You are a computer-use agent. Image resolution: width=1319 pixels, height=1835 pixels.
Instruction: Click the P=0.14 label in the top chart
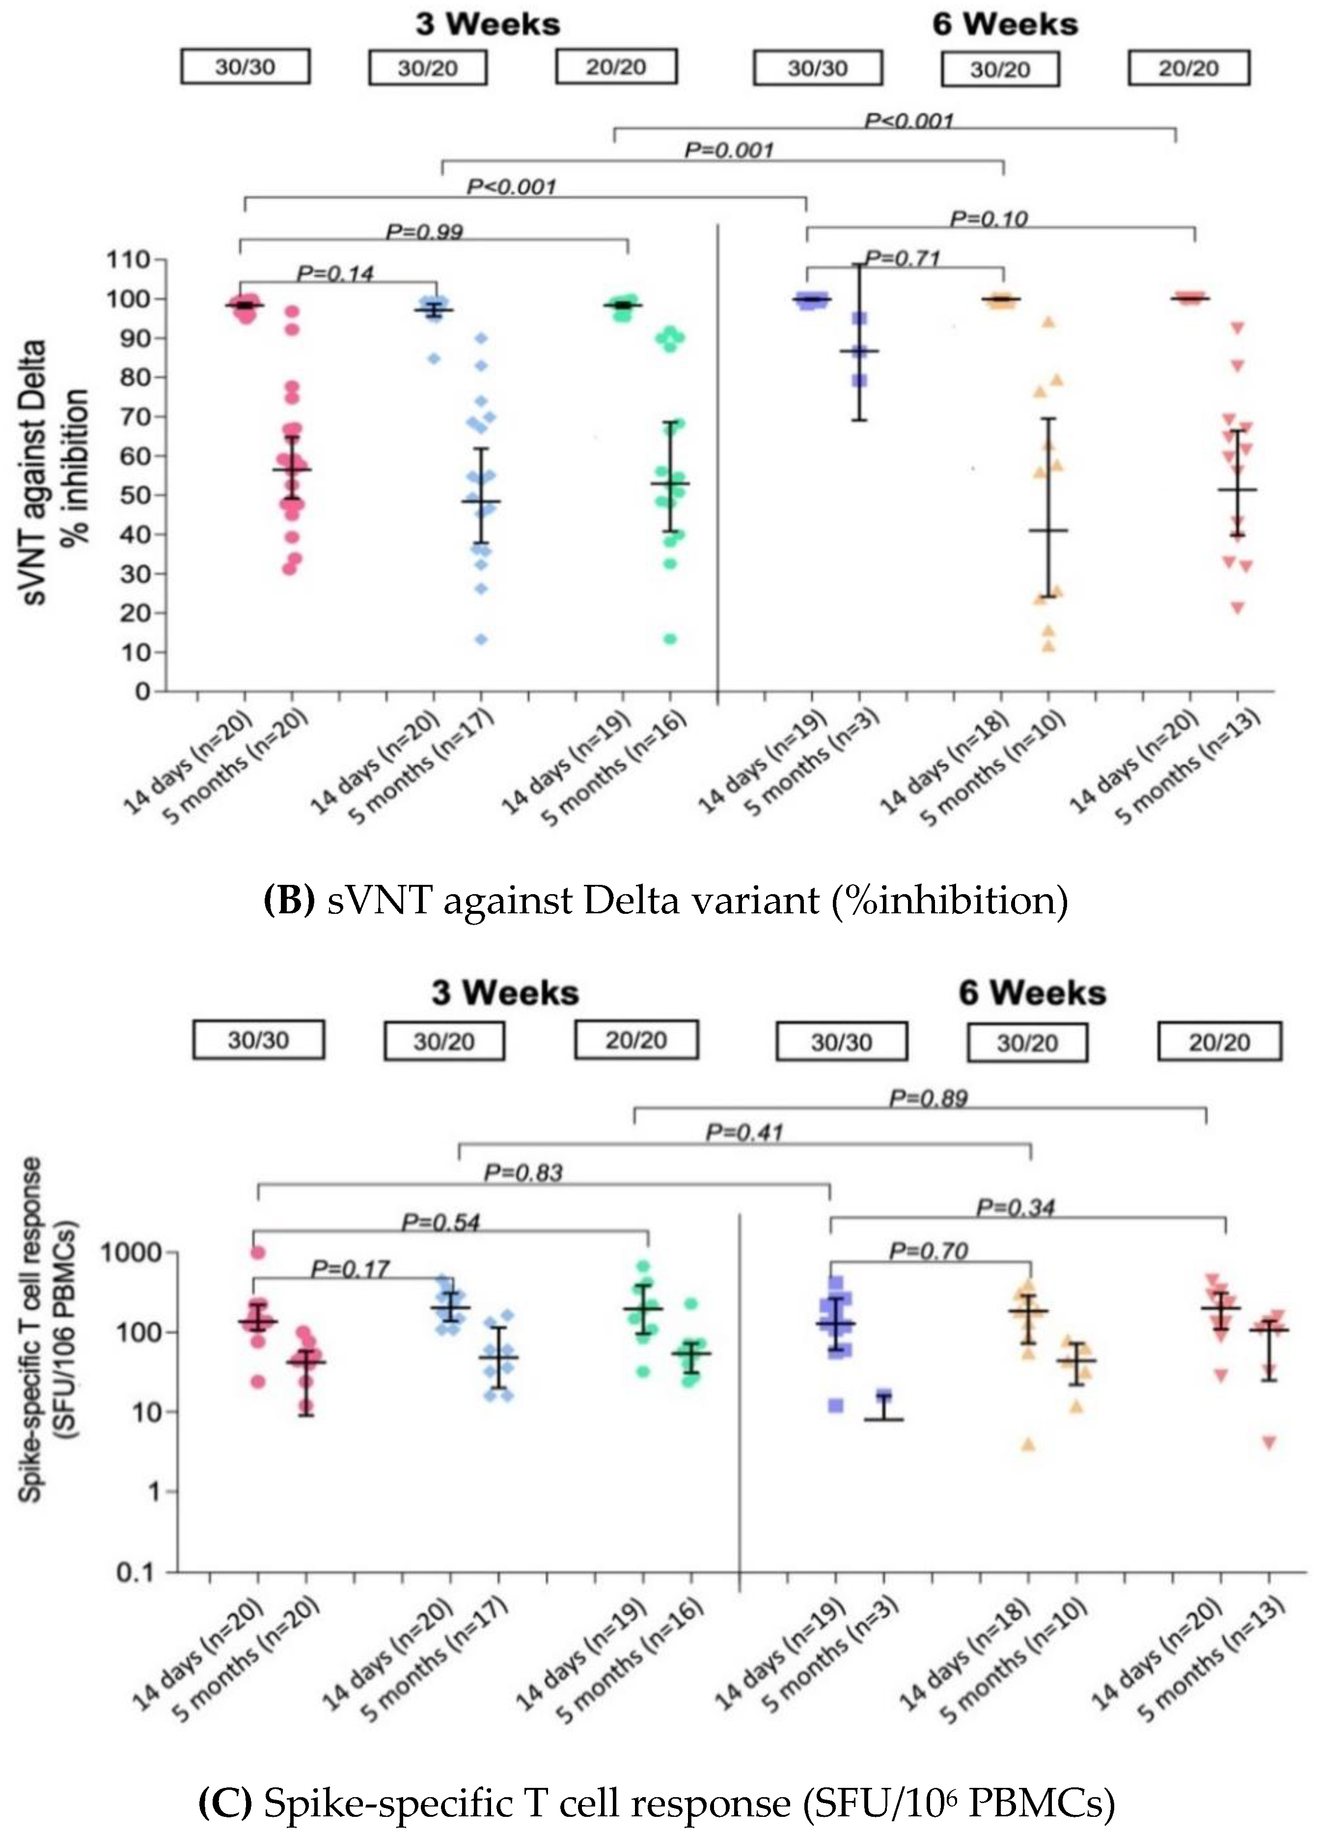point(335,274)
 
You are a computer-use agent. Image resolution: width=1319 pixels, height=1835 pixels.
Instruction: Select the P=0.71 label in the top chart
point(902,259)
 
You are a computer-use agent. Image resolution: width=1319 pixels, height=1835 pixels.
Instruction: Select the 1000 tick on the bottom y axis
point(130,1253)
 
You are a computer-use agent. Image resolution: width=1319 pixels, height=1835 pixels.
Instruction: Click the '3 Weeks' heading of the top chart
point(488,24)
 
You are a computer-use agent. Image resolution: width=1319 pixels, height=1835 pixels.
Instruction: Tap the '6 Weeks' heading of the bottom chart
point(1032,993)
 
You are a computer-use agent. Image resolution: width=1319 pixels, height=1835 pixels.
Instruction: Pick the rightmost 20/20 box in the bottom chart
point(1219,1042)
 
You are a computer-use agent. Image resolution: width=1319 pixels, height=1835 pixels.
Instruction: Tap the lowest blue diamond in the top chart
point(481,639)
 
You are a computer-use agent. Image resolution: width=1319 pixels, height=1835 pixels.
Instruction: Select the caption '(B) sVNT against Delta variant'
point(665,901)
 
